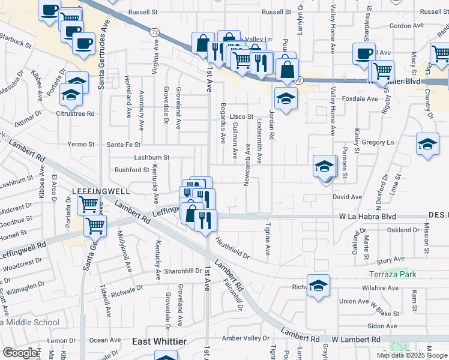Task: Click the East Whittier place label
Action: (x=159, y=341)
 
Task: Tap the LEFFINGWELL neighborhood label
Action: (x=101, y=191)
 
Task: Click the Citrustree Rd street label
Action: (x=76, y=113)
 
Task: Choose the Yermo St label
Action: (x=81, y=145)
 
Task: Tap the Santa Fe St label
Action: (x=124, y=145)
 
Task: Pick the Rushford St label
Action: (x=131, y=170)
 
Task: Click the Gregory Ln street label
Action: (x=378, y=142)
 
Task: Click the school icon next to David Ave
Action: (x=325, y=167)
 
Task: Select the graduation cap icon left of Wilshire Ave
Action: (x=318, y=286)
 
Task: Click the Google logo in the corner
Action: (x=20, y=353)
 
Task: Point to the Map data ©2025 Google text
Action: (x=412, y=355)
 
